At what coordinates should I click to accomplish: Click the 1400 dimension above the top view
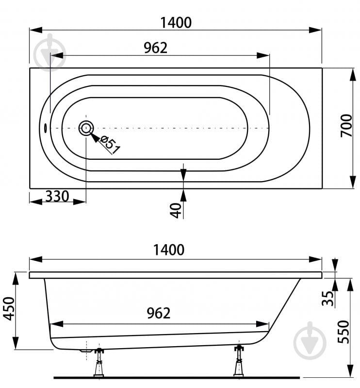(x=176, y=22)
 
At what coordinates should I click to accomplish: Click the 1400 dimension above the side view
(x=169, y=250)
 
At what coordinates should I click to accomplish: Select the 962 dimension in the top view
(x=156, y=48)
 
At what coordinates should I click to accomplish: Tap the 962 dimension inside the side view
(x=159, y=313)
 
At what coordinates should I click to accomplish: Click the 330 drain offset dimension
(x=57, y=196)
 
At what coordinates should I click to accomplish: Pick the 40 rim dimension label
(x=176, y=211)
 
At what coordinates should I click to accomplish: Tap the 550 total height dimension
(x=344, y=332)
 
